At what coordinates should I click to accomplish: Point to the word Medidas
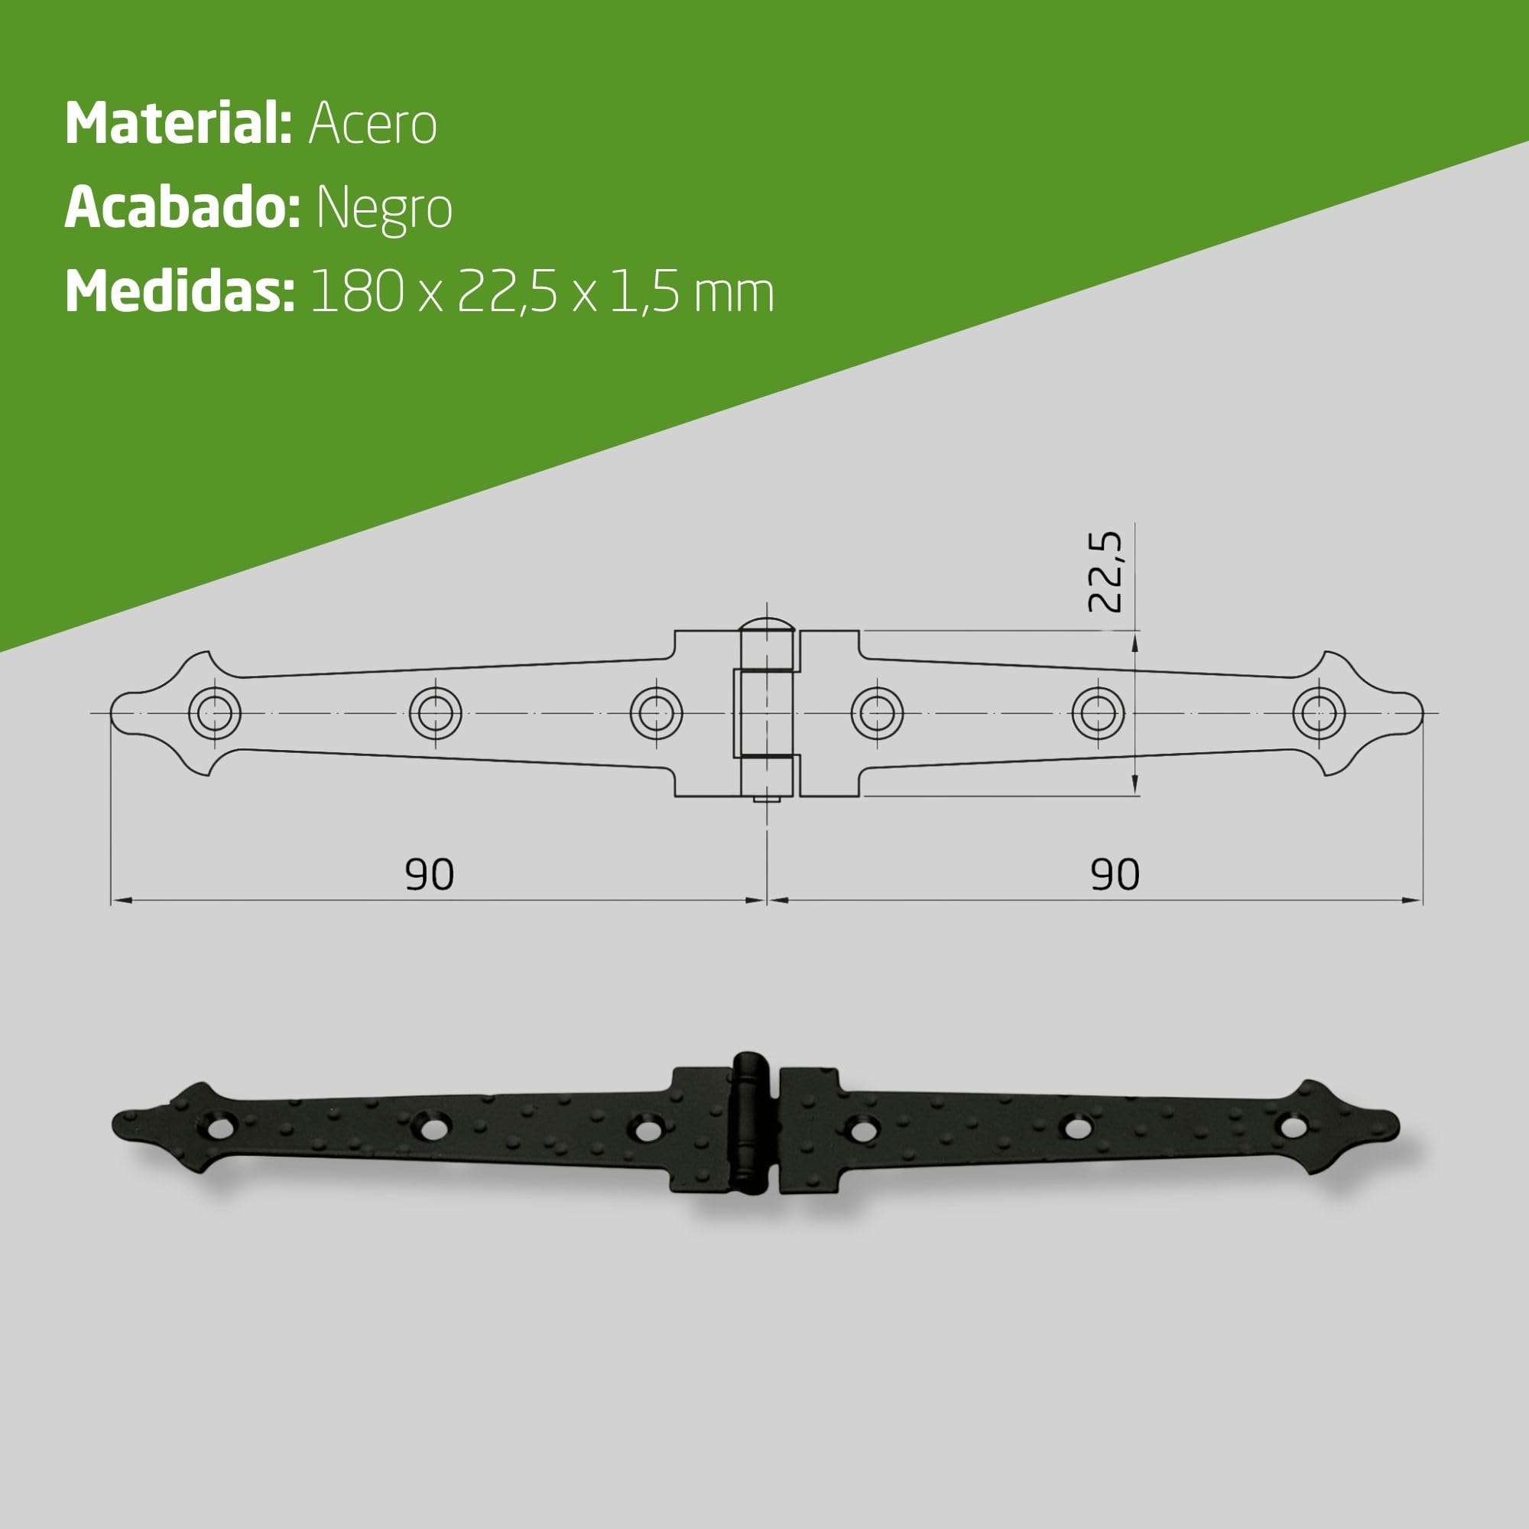(x=180, y=291)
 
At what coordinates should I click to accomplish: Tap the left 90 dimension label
(x=429, y=875)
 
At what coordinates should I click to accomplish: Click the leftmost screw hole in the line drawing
(x=215, y=713)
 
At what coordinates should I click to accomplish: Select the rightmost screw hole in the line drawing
(x=1319, y=713)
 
